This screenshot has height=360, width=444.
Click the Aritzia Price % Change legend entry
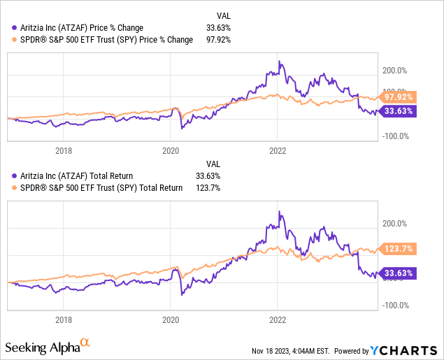click(78, 27)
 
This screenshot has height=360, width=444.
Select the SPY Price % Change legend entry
click(103, 40)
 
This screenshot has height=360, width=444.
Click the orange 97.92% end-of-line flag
click(397, 96)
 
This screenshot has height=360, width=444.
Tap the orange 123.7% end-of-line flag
click(397, 248)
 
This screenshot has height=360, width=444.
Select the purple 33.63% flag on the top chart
click(397, 110)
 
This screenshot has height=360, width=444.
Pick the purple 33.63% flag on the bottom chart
click(397, 273)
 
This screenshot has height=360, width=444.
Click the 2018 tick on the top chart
click(64, 149)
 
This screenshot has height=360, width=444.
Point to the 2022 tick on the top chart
click(278, 149)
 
